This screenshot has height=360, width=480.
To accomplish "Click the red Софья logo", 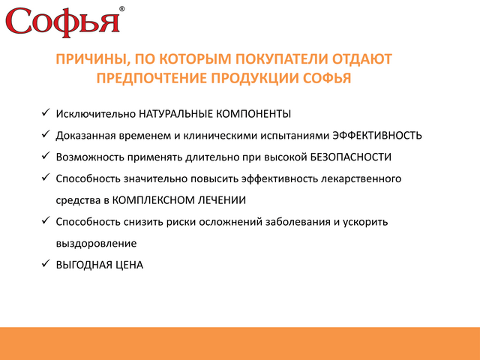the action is tap(63, 22).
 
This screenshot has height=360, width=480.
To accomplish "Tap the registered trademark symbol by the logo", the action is tap(121, 9).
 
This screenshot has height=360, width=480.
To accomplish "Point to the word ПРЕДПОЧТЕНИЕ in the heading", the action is tap(151, 78).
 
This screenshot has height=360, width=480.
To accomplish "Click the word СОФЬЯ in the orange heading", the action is tap(327, 78).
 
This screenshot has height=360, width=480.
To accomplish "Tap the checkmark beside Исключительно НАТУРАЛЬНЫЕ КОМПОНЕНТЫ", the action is tap(46, 112).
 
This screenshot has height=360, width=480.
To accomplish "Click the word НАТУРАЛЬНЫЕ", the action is tap(175, 114).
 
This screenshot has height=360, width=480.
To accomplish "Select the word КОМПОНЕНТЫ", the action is tap(253, 114).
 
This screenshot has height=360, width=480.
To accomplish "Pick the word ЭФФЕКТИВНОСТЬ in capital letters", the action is tap(377, 135).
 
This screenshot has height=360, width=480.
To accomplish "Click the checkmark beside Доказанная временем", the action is tap(46, 133).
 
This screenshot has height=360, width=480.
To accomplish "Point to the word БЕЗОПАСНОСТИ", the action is tap(351, 157).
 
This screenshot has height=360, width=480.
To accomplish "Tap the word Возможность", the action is tap(90, 157).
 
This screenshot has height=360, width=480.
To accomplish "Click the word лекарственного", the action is tap(361, 178).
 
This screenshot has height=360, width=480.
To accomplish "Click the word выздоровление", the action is tap(96, 244).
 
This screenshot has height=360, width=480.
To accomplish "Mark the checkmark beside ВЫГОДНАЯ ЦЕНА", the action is tap(46, 263).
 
